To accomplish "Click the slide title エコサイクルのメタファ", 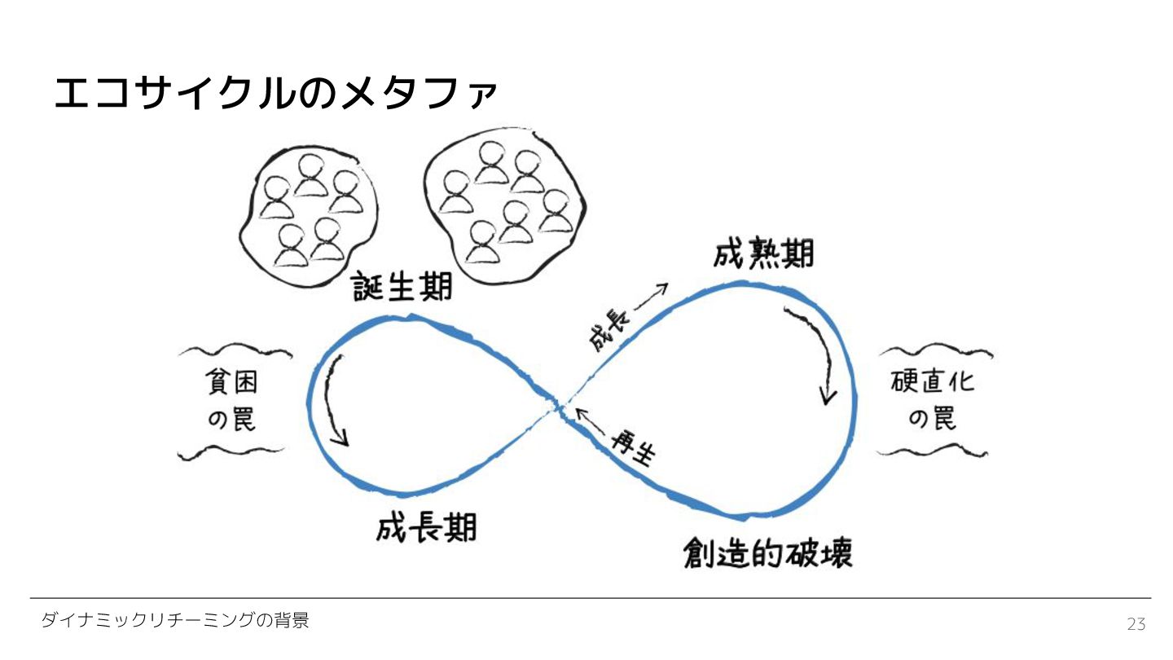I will tap(275, 93).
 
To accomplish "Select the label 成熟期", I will tap(763, 253).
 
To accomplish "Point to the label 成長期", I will tap(426, 528).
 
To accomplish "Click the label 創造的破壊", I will tap(767, 554).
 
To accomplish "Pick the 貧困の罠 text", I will tap(232, 401).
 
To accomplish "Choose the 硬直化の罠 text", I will tap(933, 401).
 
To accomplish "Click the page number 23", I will tap(1136, 625).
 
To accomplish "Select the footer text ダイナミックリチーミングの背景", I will tap(175, 621).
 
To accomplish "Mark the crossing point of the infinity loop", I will tap(561, 405).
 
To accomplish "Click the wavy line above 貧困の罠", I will tap(235, 352).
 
